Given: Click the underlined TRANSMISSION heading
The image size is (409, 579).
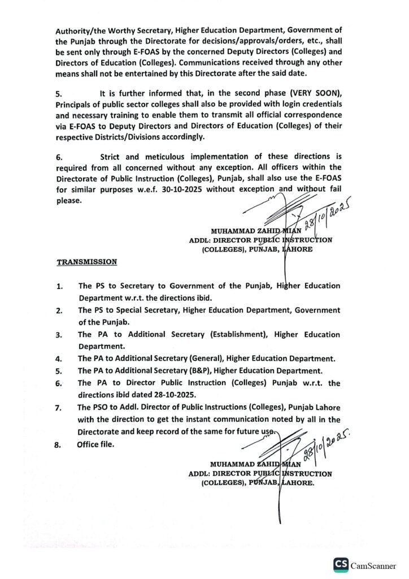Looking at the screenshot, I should point(86,262).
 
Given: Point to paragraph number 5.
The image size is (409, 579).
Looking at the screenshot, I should point(59,94).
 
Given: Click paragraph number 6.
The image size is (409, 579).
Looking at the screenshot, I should point(59,157).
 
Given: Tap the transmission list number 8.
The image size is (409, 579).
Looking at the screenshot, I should point(57,444).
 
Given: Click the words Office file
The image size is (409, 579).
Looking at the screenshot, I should point(95,444).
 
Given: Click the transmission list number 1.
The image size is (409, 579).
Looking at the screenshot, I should point(59,287).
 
